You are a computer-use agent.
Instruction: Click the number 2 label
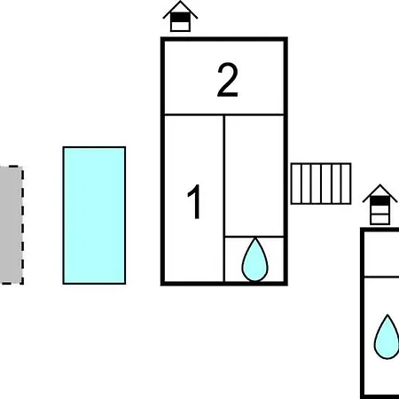pyautogui.click(x=227, y=80)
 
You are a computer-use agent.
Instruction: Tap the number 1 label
pyautogui.click(x=194, y=201)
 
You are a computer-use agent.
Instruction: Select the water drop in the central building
pyautogui.click(x=254, y=260)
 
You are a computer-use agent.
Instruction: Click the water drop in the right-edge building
pyautogui.click(x=387, y=337)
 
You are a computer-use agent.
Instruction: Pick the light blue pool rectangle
pyautogui.click(x=94, y=215)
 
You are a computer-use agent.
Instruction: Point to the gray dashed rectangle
pyautogui.click(x=12, y=225)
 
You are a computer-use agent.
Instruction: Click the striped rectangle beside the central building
pyautogui.click(x=321, y=184)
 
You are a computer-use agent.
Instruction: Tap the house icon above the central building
pyautogui.click(x=180, y=17)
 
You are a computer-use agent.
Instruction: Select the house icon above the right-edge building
pyautogui.click(x=380, y=205)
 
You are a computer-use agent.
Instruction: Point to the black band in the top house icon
pyautogui.click(x=180, y=18)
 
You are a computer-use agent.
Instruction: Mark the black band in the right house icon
pyautogui.click(x=380, y=201)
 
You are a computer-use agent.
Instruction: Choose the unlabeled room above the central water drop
pyautogui.click(x=254, y=176)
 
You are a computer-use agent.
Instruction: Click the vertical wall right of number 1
pyautogui.click(x=223, y=199)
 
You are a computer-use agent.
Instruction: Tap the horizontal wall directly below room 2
pyautogui.click(x=224, y=114)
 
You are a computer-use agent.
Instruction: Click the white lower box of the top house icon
pyautogui.click(x=180, y=26)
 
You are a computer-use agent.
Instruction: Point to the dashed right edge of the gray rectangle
pyautogui.click(x=22, y=225)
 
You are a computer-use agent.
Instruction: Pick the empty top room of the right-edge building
pyautogui.click(x=382, y=254)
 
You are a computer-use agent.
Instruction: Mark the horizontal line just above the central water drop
pyautogui.click(x=254, y=237)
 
